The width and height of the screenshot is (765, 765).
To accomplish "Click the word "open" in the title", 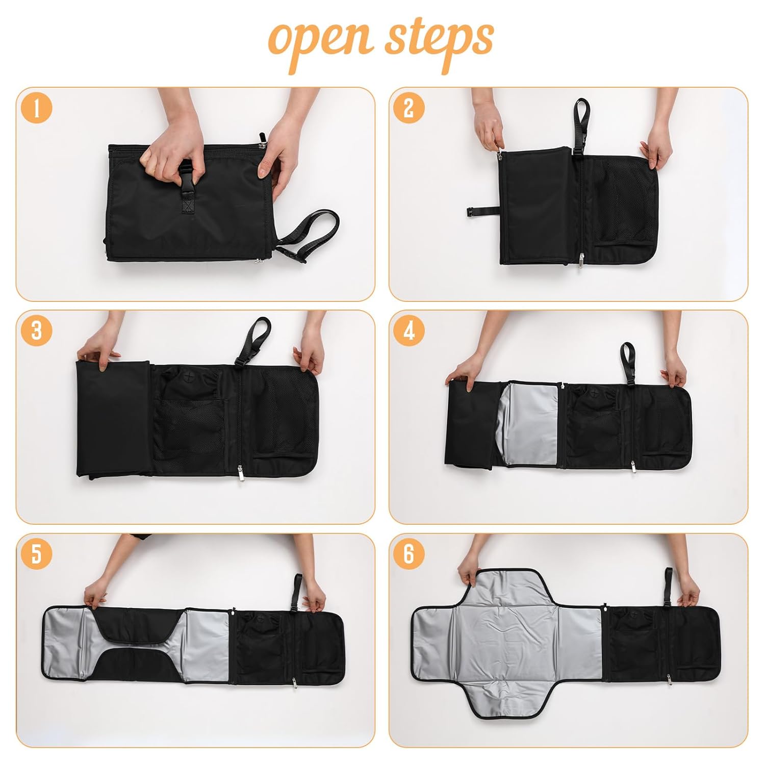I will click(x=321, y=41).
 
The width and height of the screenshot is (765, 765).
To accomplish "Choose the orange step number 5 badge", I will click(x=36, y=553).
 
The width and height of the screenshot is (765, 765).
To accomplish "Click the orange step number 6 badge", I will click(x=409, y=553).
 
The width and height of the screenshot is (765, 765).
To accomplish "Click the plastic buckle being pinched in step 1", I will click(x=186, y=171).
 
